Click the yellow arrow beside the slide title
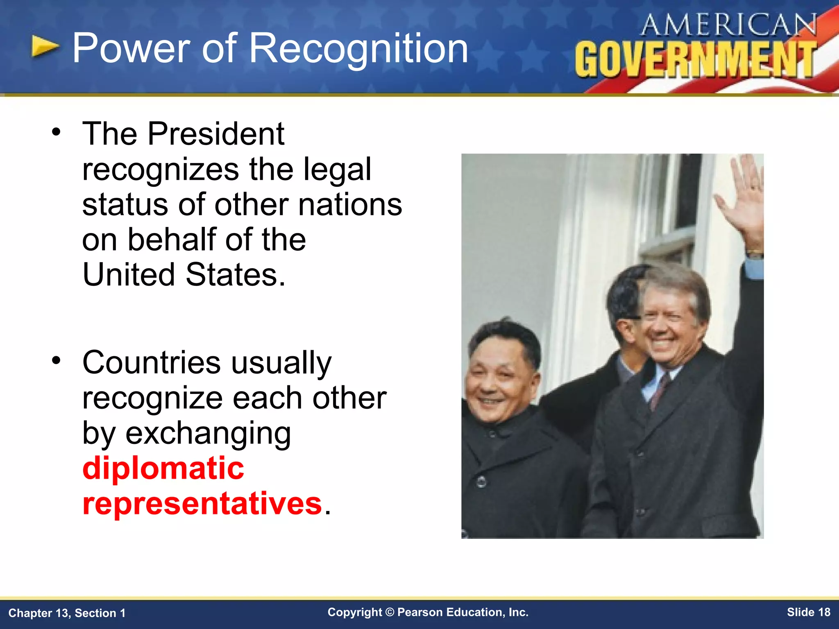tap(45, 46)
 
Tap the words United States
tap(184, 275)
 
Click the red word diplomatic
tap(163, 468)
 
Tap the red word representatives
tap(202, 503)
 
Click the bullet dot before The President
tap(56, 132)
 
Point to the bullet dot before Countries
tap(56, 360)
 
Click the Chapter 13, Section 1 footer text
tap(67, 613)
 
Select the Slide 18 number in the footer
tap(808, 612)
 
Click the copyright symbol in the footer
tap(390, 612)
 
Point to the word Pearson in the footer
tap(420, 612)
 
